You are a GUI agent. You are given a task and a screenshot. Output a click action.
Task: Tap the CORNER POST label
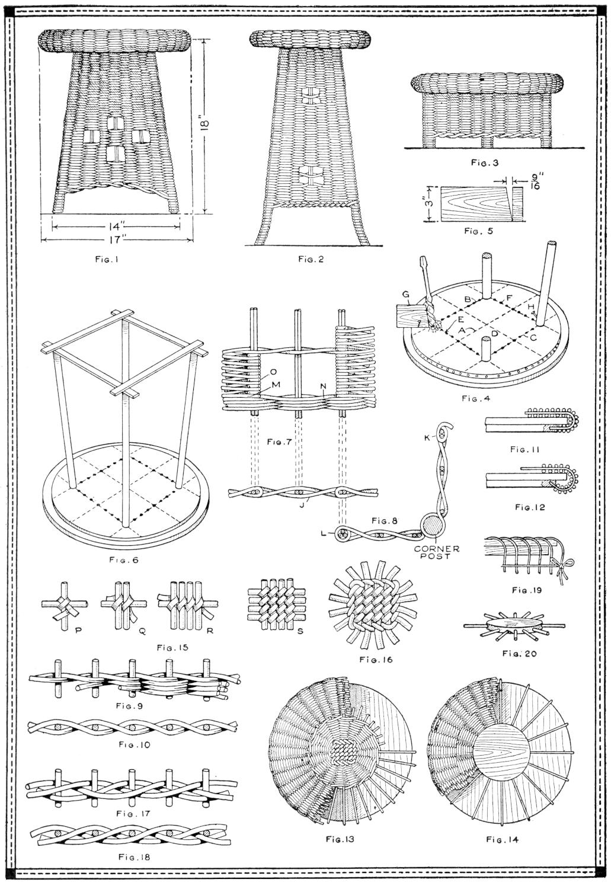click(x=437, y=553)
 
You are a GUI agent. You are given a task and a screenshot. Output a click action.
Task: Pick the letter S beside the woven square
click(x=300, y=631)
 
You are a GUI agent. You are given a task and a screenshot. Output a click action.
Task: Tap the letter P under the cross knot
click(x=78, y=631)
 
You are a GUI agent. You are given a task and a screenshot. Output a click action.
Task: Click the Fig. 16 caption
click(x=376, y=660)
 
